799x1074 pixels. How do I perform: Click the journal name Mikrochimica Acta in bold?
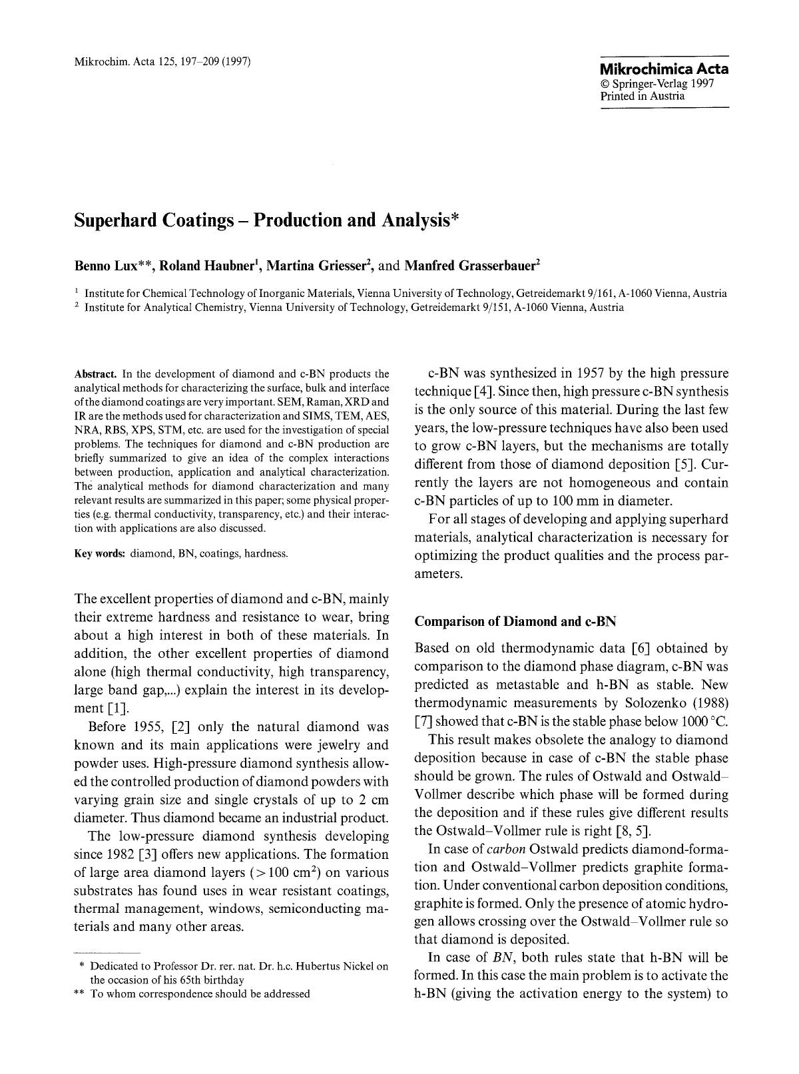tap(664, 69)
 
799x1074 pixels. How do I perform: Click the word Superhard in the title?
tap(116, 220)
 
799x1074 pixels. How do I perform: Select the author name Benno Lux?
tap(105, 266)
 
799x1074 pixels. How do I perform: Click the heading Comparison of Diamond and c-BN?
tap(515, 622)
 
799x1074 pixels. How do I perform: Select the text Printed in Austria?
tap(642, 96)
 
